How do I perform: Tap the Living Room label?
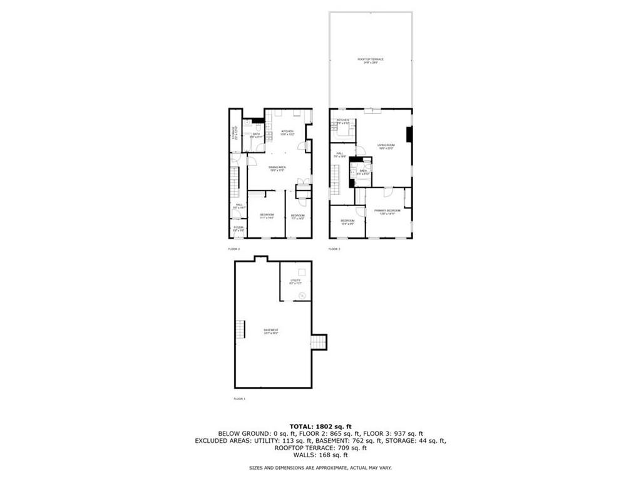click(x=386, y=147)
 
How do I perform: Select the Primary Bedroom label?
click(x=387, y=212)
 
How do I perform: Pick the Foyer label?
click(x=238, y=229)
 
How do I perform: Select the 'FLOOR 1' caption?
click(x=240, y=398)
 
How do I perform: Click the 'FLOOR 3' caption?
click(x=334, y=249)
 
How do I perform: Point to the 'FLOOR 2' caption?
click(x=233, y=249)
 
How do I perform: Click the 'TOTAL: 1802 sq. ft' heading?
click(x=320, y=426)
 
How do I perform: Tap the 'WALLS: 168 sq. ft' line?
click(x=320, y=455)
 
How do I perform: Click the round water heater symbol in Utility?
click(x=301, y=295)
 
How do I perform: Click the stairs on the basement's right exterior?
click(x=319, y=342)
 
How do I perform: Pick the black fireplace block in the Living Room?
click(x=409, y=135)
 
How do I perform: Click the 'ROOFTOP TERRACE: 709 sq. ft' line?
click(x=320, y=448)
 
